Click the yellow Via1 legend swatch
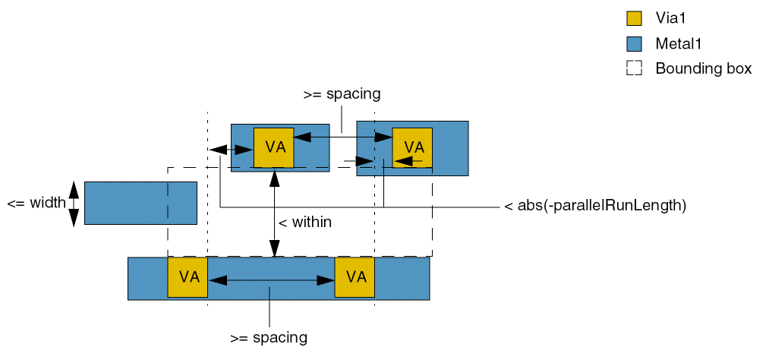(634, 18)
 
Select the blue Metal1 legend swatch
(634, 43)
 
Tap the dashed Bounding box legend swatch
(634, 68)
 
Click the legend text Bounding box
(704, 68)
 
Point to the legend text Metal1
(679, 43)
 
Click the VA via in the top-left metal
(273, 147)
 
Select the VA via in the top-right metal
(412, 147)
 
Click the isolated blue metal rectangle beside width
(140, 203)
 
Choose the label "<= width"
(36, 204)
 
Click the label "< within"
(305, 223)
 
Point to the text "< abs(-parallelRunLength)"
(595, 205)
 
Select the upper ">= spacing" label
(342, 95)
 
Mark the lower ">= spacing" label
(269, 337)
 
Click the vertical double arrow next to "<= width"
(74, 204)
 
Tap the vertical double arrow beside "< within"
(274, 213)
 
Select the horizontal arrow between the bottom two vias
(271, 280)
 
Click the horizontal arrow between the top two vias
(342, 137)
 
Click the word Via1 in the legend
(671, 18)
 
